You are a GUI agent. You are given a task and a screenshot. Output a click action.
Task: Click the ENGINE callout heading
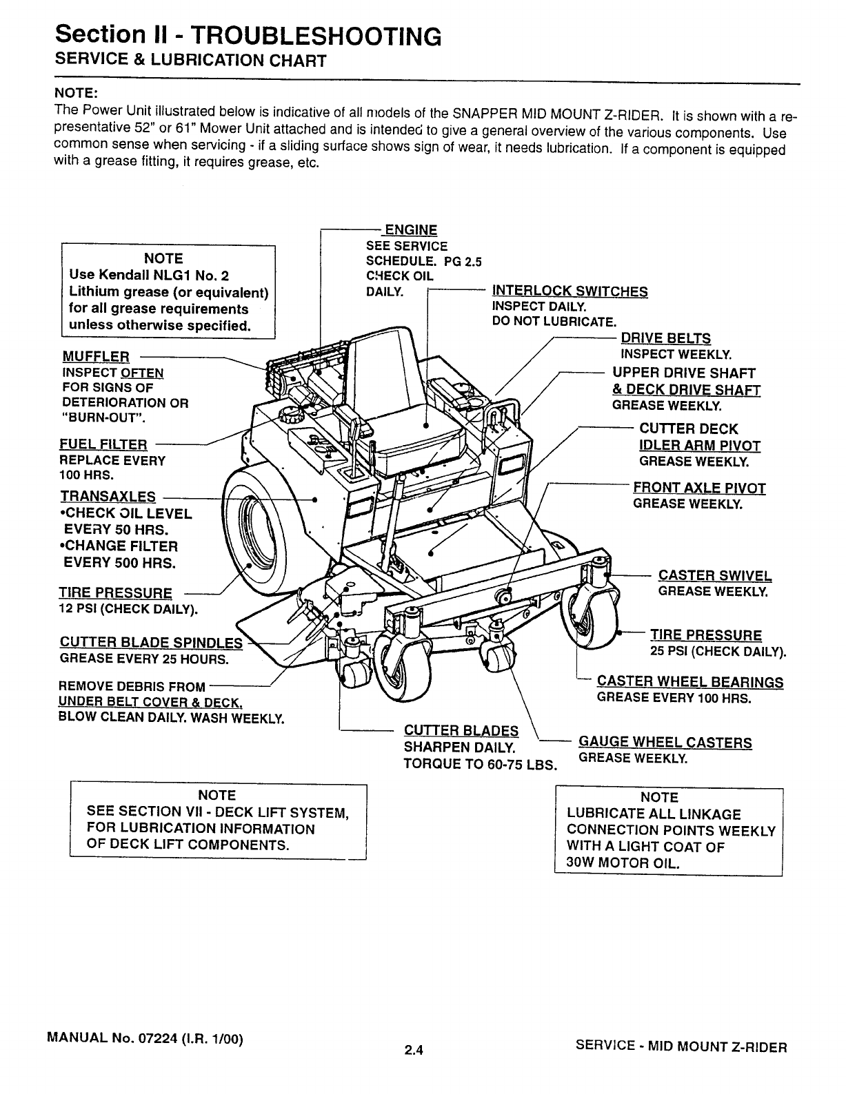pyautogui.click(x=410, y=230)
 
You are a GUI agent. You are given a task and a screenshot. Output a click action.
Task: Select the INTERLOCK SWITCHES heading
pyautogui.click(x=570, y=291)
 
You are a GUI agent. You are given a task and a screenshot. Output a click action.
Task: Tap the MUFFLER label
pyautogui.click(x=96, y=356)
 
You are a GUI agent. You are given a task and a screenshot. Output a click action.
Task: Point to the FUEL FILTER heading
pyautogui.click(x=104, y=444)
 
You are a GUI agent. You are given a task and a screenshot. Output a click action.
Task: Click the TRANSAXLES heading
pyautogui.click(x=108, y=497)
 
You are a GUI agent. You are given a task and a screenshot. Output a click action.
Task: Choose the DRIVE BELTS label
pyautogui.click(x=665, y=338)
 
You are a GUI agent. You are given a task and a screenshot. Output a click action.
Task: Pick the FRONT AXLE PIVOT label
pyautogui.click(x=699, y=488)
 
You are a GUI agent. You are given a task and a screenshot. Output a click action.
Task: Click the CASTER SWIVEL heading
pyautogui.click(x=715, y=576)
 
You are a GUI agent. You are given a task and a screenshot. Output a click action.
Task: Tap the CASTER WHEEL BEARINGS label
pyautogui.click(x=689, y=682)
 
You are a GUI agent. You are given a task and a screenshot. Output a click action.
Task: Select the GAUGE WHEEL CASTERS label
pyautogui.click(x=665, y=743)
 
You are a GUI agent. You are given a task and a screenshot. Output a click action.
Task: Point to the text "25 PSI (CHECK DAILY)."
pyautogui.click(x=718, y=651)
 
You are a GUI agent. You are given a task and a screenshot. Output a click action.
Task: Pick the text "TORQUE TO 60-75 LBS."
pyautogui.click(x=480, y=765)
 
